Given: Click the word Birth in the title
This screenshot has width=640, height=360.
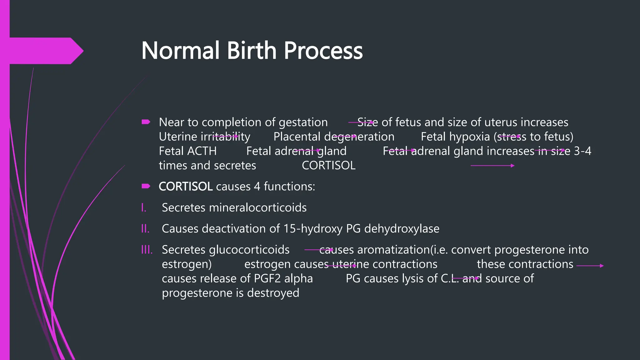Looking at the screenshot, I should (252, 51).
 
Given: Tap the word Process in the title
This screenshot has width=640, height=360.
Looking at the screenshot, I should (323, 51).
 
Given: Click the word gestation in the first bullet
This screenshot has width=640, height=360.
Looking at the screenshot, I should (303, 122).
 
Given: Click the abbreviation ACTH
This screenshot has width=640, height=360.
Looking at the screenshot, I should (202, 151).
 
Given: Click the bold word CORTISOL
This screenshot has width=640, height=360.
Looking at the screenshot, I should (186, 187).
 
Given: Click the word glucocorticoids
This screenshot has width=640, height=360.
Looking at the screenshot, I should (249, 250).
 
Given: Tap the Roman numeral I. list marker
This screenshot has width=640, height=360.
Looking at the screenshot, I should (144, 207).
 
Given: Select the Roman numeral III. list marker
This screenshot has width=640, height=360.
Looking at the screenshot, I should (147, 250).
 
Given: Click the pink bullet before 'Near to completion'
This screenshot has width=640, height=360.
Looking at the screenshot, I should (146, 122).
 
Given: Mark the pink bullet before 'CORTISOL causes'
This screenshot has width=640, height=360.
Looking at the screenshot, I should (146, 186).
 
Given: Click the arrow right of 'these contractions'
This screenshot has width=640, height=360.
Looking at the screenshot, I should (590, 266).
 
